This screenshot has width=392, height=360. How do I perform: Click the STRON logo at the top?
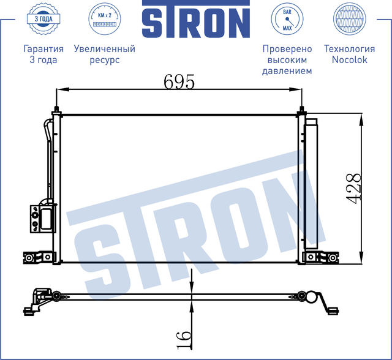click(x=196, y=20)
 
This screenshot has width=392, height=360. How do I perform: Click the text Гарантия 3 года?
click(x=43, y=54)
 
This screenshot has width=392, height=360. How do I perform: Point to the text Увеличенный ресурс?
click(x=104, y=54)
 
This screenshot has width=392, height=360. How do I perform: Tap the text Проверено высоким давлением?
click(x=287, y=60)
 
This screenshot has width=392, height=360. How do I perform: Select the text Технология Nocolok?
click(x=349, y=54)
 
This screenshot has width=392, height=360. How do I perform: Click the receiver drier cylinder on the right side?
click(x=312, y=184)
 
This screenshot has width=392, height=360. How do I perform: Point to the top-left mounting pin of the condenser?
click(x=56, y=111)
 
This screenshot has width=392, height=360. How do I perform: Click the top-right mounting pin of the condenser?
click(x=302, y=111)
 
